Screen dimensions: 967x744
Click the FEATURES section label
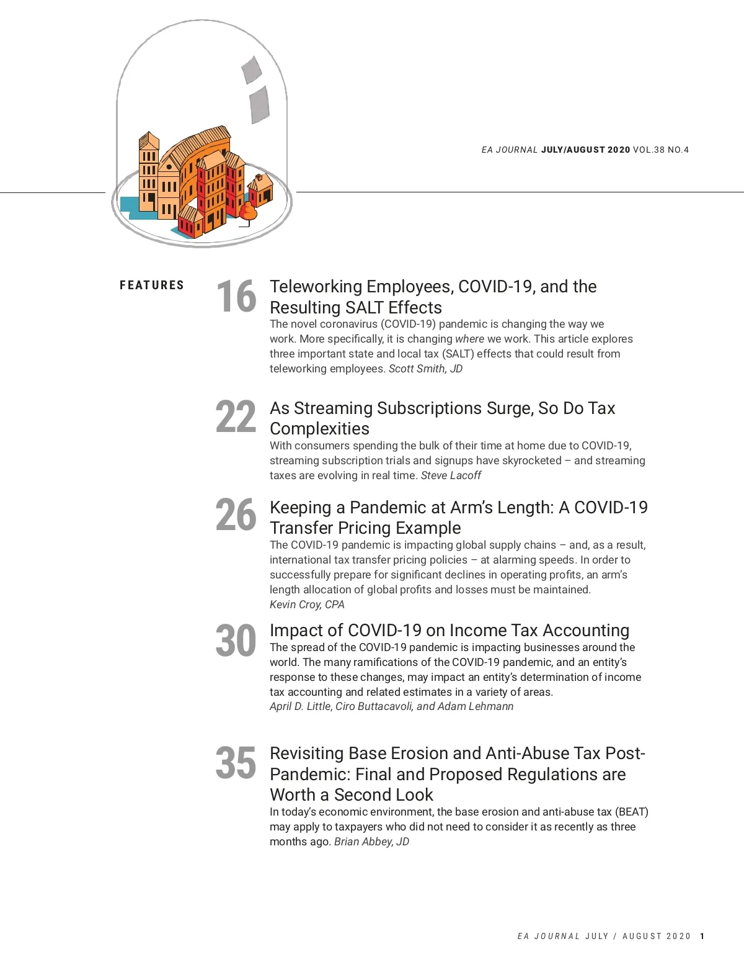152,286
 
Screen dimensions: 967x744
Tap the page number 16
236,296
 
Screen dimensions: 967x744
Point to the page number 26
236,515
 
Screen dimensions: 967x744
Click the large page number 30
236,641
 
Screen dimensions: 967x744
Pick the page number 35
236,763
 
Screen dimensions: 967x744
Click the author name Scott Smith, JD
425,369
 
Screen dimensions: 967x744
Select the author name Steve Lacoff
451,475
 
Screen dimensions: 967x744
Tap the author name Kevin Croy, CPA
307,605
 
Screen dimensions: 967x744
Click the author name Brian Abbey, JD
371,842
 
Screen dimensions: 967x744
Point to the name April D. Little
301,706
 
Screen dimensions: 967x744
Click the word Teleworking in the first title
316,287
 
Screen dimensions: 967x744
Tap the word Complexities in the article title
319,429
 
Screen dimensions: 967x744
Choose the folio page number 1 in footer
702,936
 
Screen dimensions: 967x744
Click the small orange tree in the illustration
248,212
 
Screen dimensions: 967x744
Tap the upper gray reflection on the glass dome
251,70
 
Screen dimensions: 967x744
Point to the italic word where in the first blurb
469,339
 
